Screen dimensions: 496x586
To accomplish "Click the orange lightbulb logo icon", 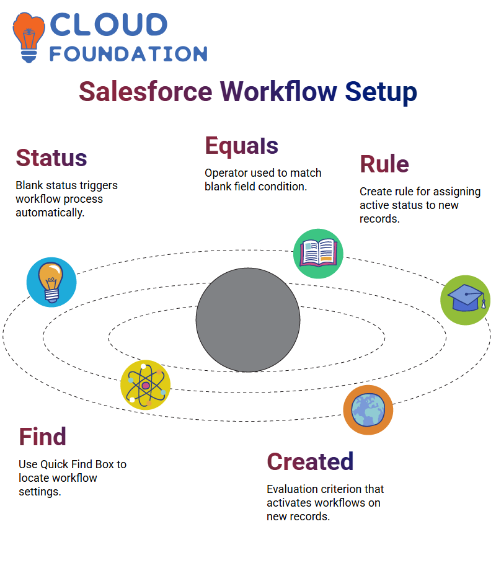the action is coord(29,37).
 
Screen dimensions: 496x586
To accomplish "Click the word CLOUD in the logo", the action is coord(108,25).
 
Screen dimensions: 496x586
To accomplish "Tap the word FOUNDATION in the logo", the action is coord(128,54).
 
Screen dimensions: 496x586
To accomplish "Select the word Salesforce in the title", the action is coord(146,92).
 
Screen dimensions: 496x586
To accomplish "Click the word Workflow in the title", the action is coord(278,92).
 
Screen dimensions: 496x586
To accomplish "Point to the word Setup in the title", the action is coord(381,92).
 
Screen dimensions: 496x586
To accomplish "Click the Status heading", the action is coord(51,158).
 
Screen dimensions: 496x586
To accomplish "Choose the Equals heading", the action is coord(241,146).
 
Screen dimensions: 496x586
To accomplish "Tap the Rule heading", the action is coord(384,164).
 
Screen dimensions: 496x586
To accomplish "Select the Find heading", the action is coord(43,437).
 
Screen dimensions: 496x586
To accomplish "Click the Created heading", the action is coord(310,461).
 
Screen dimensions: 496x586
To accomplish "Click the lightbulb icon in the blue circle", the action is coord(51,282).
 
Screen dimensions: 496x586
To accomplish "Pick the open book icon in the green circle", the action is coord(318,254).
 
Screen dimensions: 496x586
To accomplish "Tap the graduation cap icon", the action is coord(466,300).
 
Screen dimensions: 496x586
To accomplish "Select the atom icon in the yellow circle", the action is coord(146,385).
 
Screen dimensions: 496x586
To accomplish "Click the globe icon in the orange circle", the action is coord(368,410).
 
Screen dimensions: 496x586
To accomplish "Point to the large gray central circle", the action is coord(248,320).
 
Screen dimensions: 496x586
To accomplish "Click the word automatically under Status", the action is coord(50,213).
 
